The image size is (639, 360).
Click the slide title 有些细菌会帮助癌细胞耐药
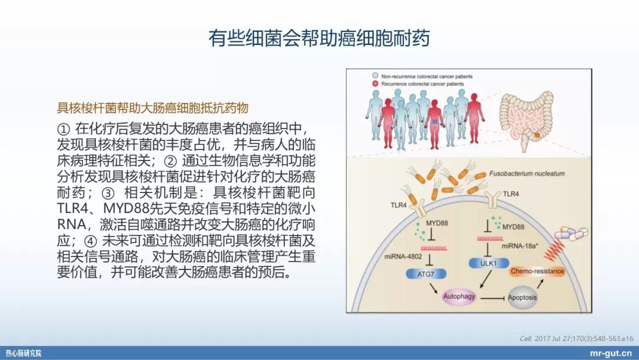tap(319, 38)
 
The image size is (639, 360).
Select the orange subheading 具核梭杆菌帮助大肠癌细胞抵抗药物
tap(152, 108)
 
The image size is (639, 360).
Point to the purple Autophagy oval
tap(459, 296)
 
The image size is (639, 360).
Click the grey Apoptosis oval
tap(522, 297)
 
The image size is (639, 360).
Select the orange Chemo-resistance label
tap(537, 271)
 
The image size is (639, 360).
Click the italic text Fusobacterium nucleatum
tap(527, 174)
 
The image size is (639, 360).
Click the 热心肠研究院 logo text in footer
tap(24, 353)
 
